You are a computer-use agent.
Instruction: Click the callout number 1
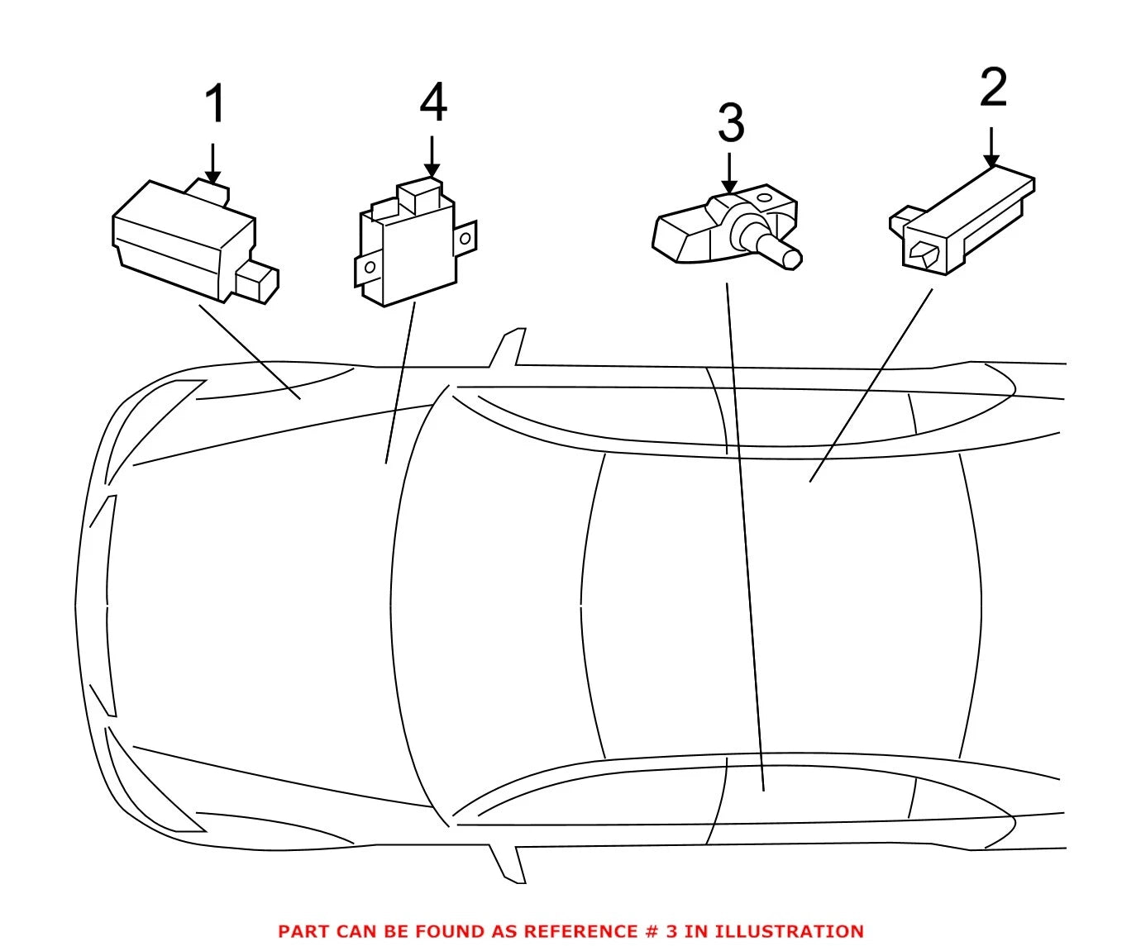(x=215, y=103)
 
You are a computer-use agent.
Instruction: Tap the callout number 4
(x=433, y=102)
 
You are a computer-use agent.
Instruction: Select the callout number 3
(x=731, y=123)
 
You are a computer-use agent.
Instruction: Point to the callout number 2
(x=993, y=88)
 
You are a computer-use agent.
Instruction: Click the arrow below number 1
(x=212, y=164)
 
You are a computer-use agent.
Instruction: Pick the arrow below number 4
(x=432, y=157)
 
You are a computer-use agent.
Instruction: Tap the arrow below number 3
(x=729, y=174)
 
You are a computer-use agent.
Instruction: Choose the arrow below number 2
(x=991, y=147)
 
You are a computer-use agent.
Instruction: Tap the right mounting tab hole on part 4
(x=465, y=238)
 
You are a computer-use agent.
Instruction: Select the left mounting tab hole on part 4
(x=370, y=267)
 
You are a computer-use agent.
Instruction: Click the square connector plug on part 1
(x=257, y=282)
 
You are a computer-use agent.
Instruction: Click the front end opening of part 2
(x=924, y=253)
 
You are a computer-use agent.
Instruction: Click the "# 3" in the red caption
(x=663, y=930)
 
